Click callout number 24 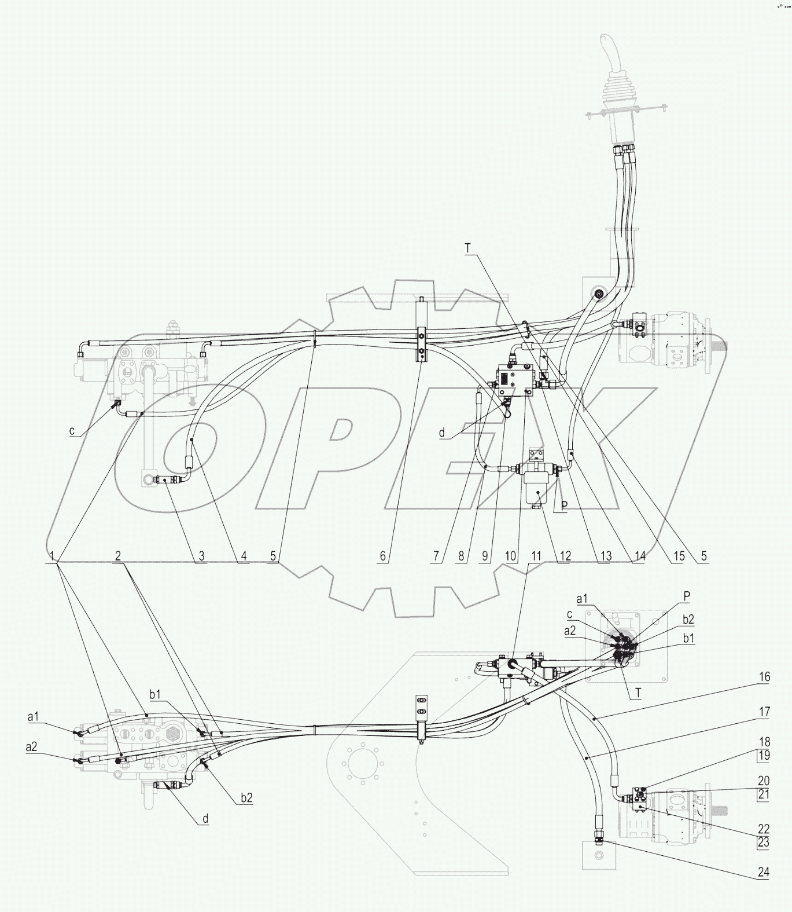763,873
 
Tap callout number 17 764,712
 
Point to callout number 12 565,556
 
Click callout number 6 382,556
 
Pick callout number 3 201,556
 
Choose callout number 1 53,555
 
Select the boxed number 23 764,842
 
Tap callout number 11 536,556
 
